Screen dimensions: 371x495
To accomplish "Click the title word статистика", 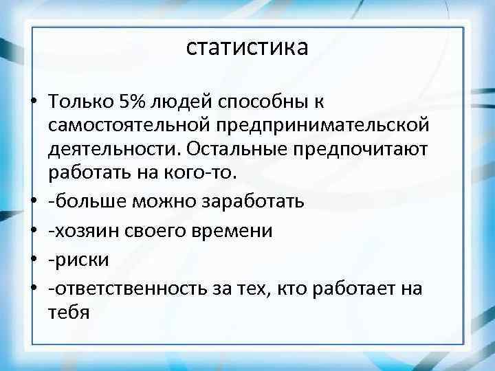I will [x=247, y=47].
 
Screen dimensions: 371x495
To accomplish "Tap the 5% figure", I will [x=131, y=102].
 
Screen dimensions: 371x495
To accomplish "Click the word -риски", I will [x=72, y=260].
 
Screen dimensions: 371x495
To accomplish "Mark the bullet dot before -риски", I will [x=33, y=260].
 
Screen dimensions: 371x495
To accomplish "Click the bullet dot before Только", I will [x=33, y=103].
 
